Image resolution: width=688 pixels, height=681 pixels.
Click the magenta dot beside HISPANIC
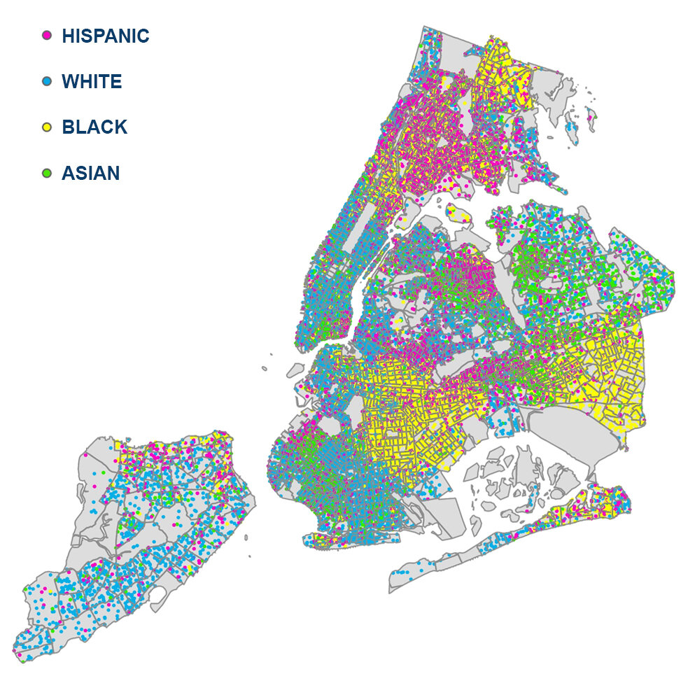click(48, 35)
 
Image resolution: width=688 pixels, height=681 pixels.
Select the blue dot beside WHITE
click(48, 81)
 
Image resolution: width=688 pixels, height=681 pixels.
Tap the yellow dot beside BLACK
click(48, 127)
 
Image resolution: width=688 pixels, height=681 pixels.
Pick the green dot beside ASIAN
click(48, 172)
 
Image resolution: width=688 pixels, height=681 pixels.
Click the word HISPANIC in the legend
click(105, 36)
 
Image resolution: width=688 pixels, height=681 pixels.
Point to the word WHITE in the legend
click(92, 81)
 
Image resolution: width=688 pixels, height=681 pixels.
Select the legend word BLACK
click(94, 127)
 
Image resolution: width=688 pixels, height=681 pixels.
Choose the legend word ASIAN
click(90, 172)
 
